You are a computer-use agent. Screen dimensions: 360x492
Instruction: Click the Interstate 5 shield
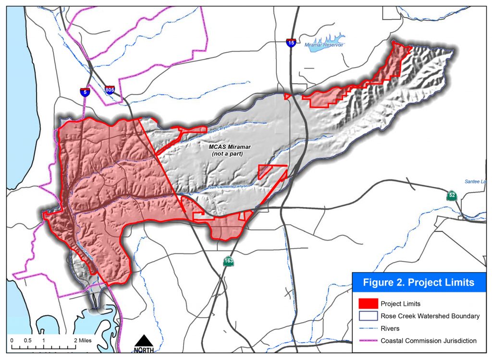click(x=85, y=92)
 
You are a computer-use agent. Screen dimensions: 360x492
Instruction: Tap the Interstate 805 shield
click(x=110, y=89)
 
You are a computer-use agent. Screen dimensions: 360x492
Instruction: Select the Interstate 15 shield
click(x=291, y=43)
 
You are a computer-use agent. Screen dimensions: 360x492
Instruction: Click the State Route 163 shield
click(x=228, y=262)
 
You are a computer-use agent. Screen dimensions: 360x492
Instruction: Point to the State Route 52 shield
click(x=451, y=195)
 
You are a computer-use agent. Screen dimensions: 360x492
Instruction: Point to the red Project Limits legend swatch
click(x=368, y=304)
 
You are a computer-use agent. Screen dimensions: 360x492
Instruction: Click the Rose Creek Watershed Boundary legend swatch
click(x=368, y=316)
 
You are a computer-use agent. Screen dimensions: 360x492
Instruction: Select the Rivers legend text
click(x=390, y=328)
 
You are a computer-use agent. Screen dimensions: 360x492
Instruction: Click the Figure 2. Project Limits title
click(x=418, y=283)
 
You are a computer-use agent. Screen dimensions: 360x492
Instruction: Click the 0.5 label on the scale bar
click(x=27, y=340)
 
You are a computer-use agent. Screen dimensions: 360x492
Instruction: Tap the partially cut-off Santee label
click(x=476, y=181)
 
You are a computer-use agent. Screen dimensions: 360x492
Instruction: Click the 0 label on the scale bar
click(x=12, y=340)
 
